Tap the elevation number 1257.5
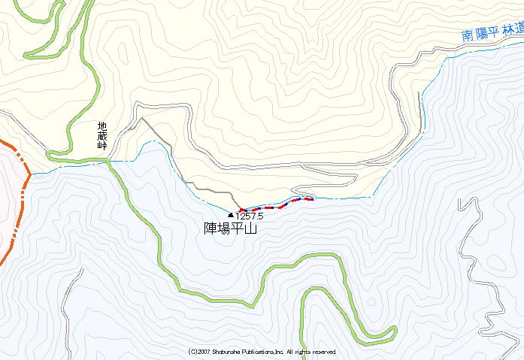click(252, 215)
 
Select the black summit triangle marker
click(230, 215)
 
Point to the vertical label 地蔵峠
click(101, 137)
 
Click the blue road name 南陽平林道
click(492, 32)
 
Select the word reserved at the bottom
click(324, 352)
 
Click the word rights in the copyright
click(301, 352)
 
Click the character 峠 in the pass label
click(101, 146)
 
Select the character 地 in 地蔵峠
click(101, 127)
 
